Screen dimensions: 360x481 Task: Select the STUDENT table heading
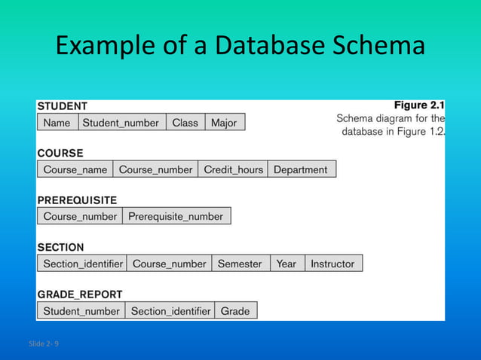pos(63,106)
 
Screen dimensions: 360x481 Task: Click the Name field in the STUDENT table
pos(57,123)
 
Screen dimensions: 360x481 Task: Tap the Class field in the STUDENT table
pos(185,123)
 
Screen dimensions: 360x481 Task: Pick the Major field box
pos(224,123)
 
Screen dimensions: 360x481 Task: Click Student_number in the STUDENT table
pos(121,123)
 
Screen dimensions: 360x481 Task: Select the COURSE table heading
pos(60,153)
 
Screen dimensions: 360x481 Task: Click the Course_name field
pos(75,169)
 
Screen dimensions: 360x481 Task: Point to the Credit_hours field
pos(233,169)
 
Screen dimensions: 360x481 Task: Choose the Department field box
pos(301,169)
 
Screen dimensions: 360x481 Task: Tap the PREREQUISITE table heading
pos(77,200)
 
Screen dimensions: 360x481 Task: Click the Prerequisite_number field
pos(176,216)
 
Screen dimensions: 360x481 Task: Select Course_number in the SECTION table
pos(169,264)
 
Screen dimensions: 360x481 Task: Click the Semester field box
pos(240,264)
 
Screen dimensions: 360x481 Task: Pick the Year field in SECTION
pos(286,264)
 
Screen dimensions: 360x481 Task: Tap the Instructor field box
pos(332,264)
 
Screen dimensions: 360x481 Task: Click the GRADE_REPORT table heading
pos(79,294)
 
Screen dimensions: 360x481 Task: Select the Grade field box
pos(235,310)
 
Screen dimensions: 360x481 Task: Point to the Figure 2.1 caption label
pos(419,105)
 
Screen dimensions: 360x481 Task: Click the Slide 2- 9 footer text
pos(44,343)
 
